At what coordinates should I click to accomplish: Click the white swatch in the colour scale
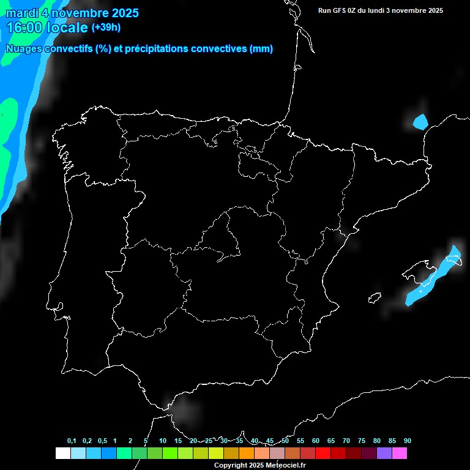(62, 453)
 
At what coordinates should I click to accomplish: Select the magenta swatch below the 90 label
(400, 453)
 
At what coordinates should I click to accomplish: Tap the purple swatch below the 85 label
(384, 453)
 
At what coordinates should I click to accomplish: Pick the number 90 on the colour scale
(408, 441)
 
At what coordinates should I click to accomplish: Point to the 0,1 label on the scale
(72, 441)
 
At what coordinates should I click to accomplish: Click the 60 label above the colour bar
(316, 441)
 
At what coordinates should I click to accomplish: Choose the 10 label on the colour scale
(163, 441)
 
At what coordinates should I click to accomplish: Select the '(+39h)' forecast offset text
(106, 28)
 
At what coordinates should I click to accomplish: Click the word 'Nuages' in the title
(24, 49)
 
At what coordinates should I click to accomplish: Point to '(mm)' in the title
(261, 49)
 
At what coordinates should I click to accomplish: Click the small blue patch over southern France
(420, 122)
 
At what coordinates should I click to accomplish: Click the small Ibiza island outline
(375, 298)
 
